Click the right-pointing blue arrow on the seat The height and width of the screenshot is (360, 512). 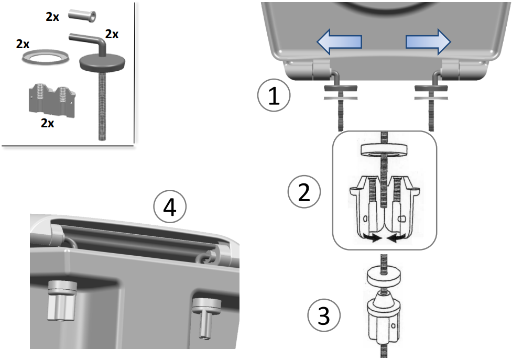pyautogui.click(x=428, y=42)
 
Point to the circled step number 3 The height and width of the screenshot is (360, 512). pyautogui.click(x=324, y=316)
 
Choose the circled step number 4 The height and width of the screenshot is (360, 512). pyautogui.click(x=169, y=208)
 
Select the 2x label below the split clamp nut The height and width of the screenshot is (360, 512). pyautogui.click(x=48, y=123)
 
